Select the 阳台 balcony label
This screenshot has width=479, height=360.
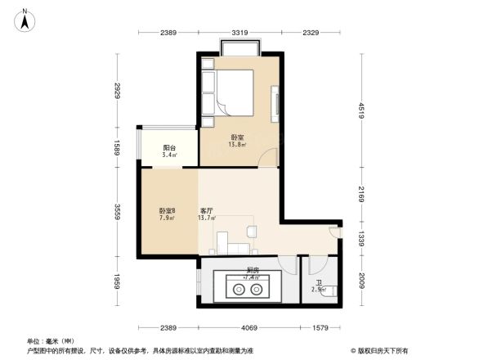[169, 148]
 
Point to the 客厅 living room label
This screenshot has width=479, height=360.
[208, 211]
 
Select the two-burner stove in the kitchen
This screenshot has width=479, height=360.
[248, 287]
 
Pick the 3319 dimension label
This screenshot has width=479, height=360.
[239, 32]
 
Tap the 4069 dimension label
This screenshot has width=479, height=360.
[249, 327]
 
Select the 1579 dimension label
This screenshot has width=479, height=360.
[321, 327]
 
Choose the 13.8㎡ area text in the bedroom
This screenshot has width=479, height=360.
[237, 145]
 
